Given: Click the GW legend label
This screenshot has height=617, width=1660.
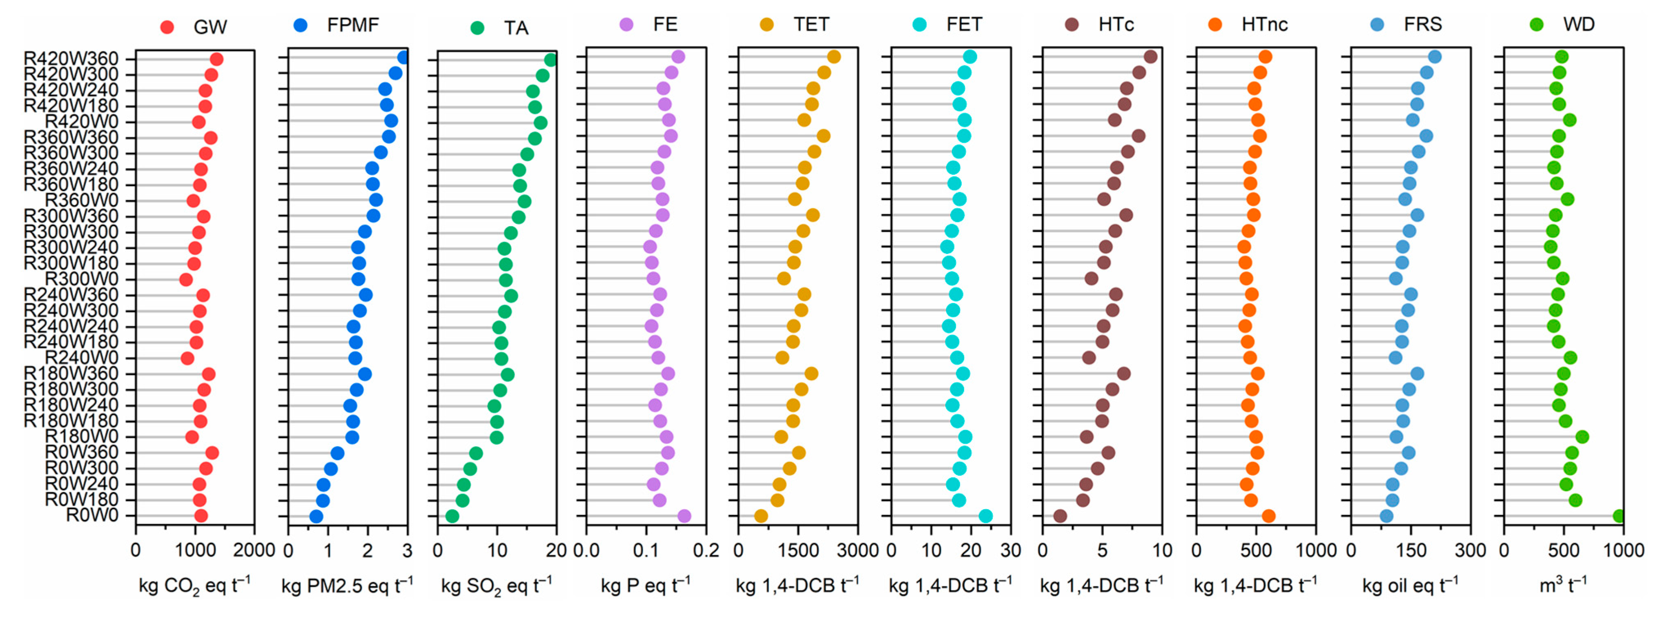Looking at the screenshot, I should (x=209, y=27).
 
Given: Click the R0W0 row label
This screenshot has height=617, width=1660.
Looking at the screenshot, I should (x=92, y=516).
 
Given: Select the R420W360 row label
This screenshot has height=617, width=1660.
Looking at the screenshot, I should (x=71, y=59).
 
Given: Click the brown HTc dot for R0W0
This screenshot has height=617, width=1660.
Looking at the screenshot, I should (x=1060, y=516).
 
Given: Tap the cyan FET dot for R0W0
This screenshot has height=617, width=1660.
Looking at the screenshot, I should (x=985, y=516).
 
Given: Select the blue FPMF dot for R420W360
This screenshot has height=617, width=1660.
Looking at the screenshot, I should (x=403, y=57).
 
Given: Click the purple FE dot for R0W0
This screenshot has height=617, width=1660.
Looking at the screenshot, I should (x=684, y=516).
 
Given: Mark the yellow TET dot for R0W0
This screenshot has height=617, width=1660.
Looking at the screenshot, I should (x=761, y=516).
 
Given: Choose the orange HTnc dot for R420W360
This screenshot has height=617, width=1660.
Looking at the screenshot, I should (x=1265, y=57).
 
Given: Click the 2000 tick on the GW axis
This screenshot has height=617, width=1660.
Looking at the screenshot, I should (x=254, y=551).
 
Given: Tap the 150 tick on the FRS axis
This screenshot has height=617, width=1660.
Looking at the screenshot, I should (x=1410, y=551).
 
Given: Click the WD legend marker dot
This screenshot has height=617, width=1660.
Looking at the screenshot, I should (x=1536, y=25).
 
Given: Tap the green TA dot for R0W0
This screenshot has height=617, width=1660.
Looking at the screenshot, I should (x=452, y=516).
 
